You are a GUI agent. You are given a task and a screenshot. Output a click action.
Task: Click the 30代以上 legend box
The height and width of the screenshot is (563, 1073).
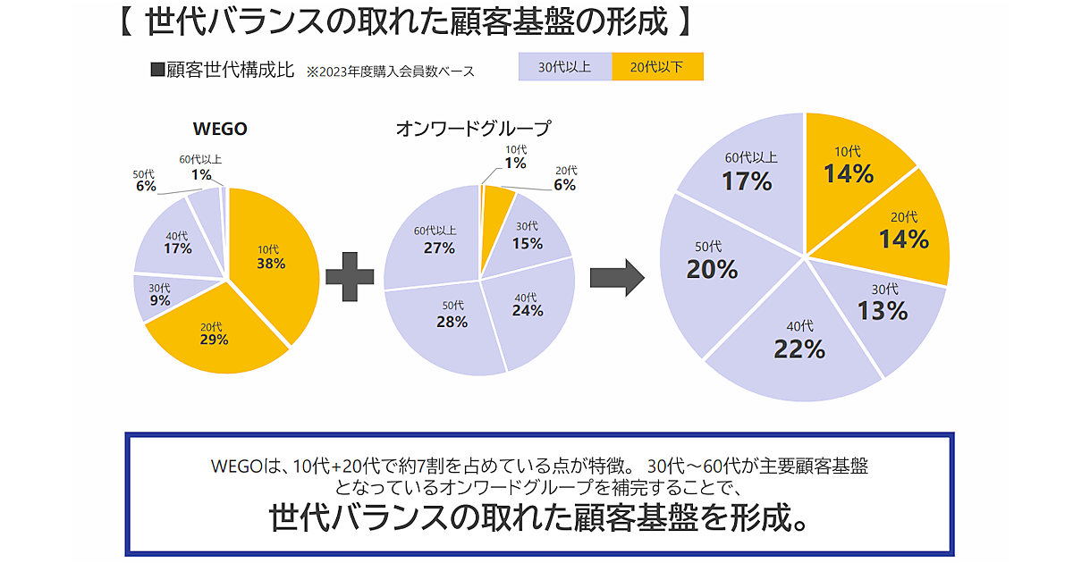point(565,67)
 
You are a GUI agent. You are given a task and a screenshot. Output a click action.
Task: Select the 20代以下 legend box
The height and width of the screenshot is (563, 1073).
point(658,67)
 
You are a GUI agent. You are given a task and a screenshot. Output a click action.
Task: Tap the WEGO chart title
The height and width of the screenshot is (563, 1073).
point(220,129)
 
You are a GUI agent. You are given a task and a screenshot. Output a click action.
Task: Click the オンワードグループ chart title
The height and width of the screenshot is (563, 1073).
point(473,129)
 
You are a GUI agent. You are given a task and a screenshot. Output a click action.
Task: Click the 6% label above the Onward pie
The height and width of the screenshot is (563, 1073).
point(565,185)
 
